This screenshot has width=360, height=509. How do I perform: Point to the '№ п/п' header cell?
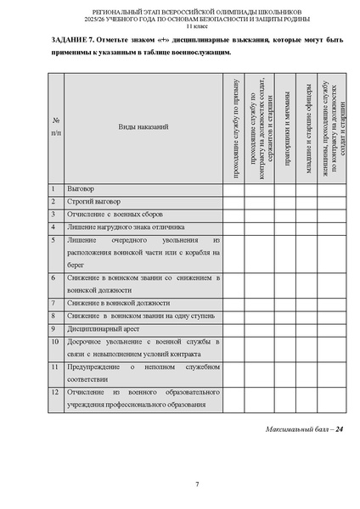coord(55,126)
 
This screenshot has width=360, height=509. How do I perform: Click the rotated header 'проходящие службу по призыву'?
coord(235,126)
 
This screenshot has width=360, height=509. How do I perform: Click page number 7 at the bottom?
coord(196,484)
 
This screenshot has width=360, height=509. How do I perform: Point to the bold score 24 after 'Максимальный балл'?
coord(340,429)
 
